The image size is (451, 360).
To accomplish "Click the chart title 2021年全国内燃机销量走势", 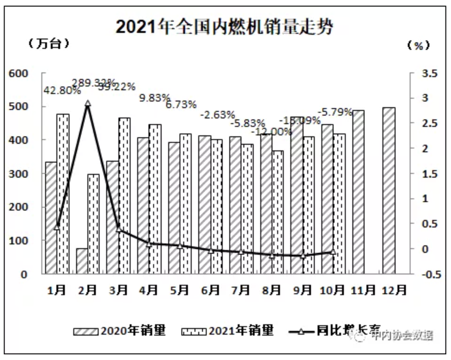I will (x=225, y=27).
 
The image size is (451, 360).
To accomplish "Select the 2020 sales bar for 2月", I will (x=82, y=261).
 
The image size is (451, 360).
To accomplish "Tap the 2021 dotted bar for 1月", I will (x=63, y=193).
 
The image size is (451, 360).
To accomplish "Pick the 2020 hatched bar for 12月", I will (x=389, y=190).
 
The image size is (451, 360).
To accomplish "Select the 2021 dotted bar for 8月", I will (x=278, y=212).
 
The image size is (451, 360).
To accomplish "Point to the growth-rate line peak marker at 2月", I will (x=87, y=104).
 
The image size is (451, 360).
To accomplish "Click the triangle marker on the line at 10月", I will (x=333, y=252).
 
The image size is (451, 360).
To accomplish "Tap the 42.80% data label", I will (x=62, y=91).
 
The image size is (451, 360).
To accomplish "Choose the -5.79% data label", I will (x=336, y=112).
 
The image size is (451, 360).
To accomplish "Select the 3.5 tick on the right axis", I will (x=430, y=73).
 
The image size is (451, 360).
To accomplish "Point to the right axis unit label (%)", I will (x=418, y=45).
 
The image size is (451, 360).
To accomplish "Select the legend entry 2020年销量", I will (x=120, y=330).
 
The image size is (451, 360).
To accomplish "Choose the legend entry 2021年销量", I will (x=227, y=330).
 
